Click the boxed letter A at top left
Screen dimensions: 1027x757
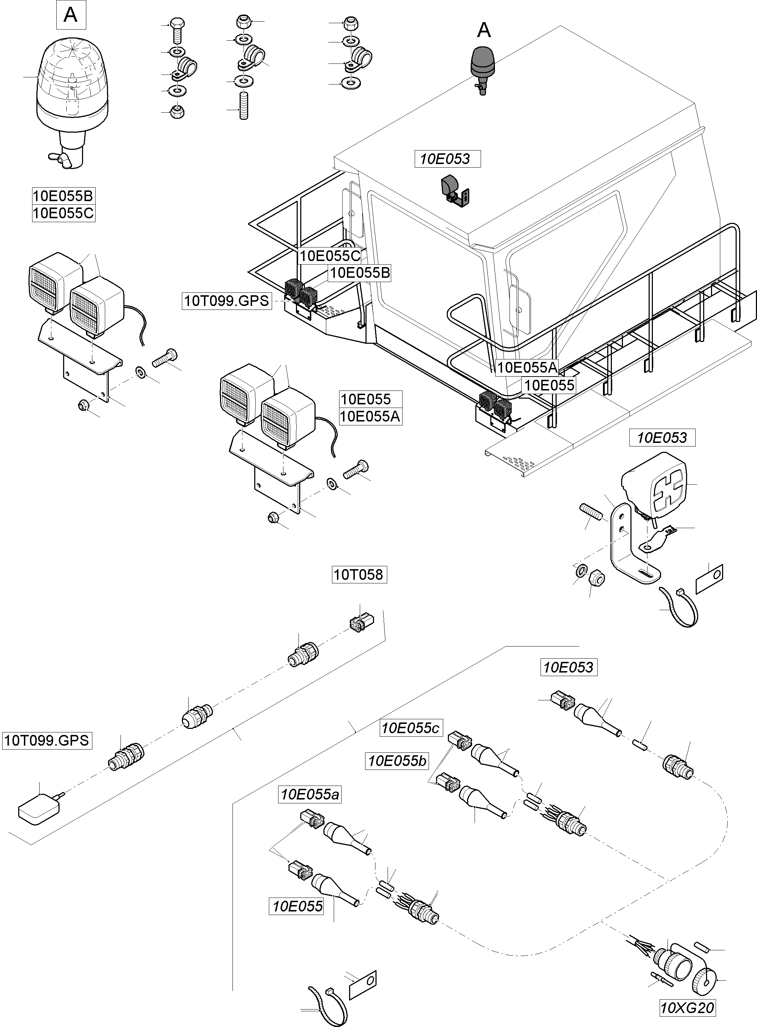click(x=71, y=15)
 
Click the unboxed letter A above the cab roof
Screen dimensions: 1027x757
click(x=484, y=31)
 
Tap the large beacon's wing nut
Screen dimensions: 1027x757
click(x=61, y=159)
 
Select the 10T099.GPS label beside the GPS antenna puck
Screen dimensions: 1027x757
click(x=47, y=740)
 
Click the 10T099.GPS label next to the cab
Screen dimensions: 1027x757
click(x=226, y=301)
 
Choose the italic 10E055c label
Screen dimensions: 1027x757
click(x=410, y=728)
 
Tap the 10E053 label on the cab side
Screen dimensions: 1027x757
click(x=447, y=159)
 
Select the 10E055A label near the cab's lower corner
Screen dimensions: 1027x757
click(x=527, y=367)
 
